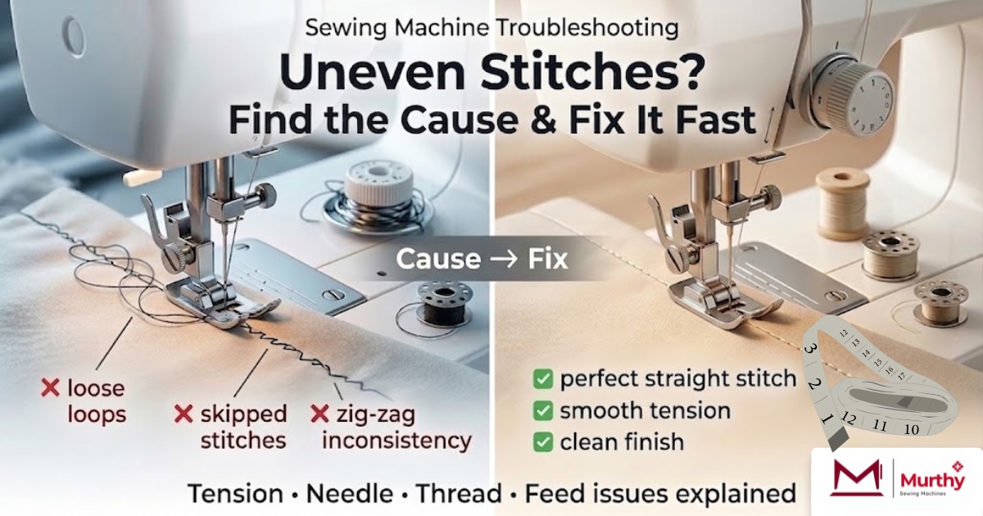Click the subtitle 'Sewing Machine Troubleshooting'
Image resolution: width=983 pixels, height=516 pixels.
coord(491,28)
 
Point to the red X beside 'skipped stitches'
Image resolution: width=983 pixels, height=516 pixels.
coord(183,414)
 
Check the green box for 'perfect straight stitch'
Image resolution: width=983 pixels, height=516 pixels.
coord(542,379)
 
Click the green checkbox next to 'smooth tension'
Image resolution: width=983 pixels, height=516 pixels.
coord(542,410)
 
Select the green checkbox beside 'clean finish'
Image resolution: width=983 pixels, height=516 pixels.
coord(542,441)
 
